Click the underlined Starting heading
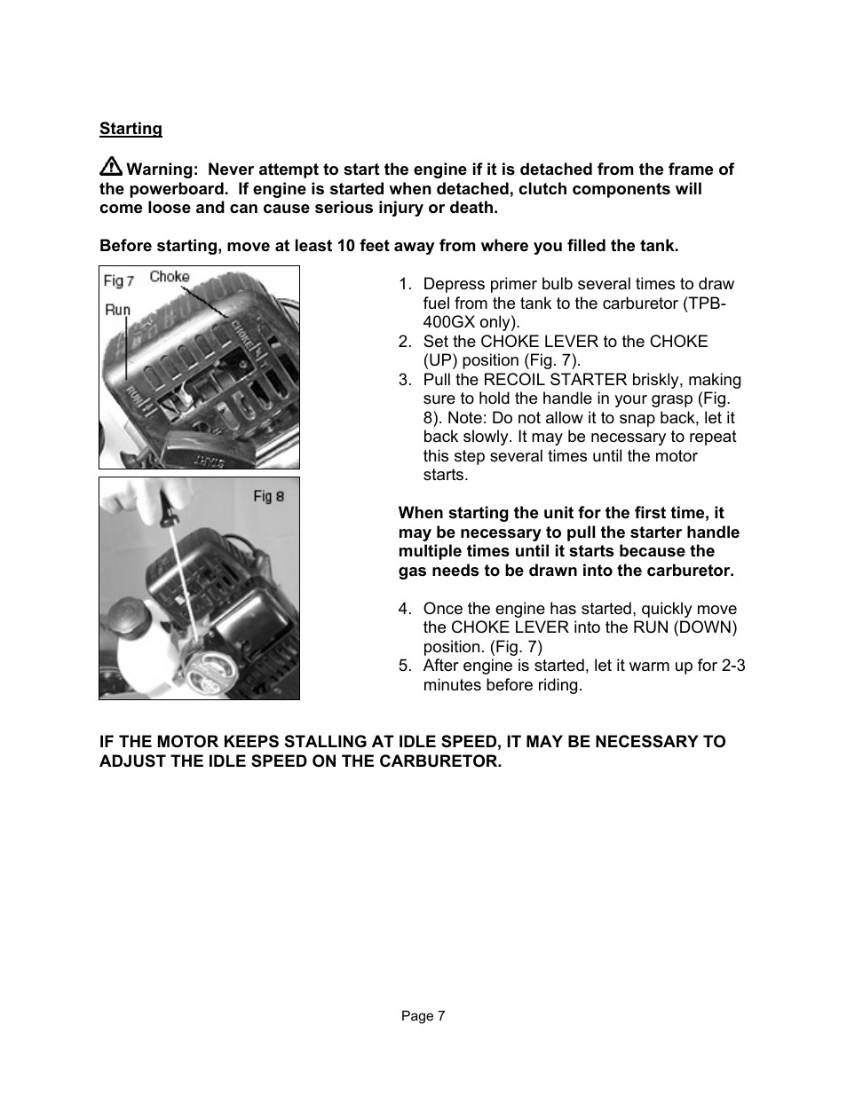131,129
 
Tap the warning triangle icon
111,166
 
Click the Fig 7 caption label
119,280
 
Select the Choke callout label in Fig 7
169,277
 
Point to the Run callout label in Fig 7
117,311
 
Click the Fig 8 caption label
268,496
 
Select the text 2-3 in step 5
732,666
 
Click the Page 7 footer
423,1016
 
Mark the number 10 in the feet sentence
346,246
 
